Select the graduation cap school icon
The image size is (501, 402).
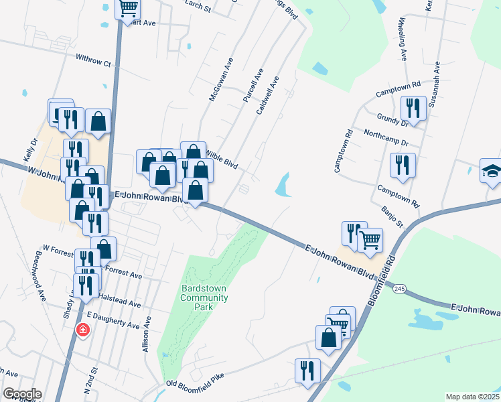coord(491,171)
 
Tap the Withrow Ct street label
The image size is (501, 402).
coord(93,62)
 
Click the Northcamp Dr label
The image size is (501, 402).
coord(386,139)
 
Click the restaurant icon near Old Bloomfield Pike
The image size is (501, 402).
coord(308,371)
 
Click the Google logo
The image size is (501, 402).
coord(22,394)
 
